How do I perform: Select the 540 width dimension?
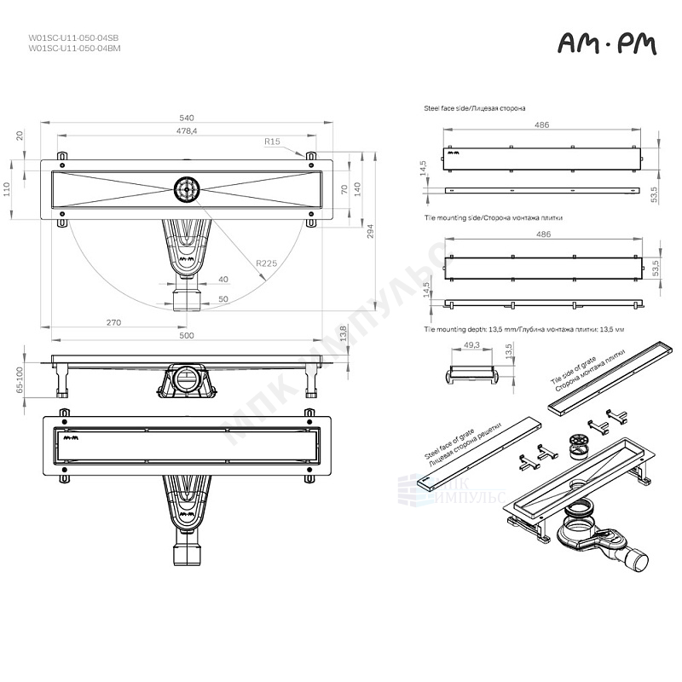[187, 118]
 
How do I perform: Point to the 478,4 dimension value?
[187, 131]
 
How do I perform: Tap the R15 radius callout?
[273, 142]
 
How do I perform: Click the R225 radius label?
[268, 264]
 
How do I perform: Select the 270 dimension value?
[114, 322]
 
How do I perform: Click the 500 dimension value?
[187, 336]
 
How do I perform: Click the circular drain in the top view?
[186, 188]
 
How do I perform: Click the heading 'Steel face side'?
[474, 109]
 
